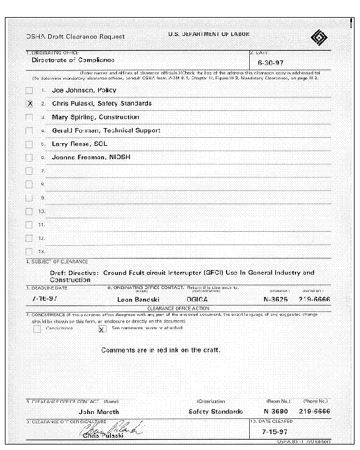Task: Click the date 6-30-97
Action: [270, 63]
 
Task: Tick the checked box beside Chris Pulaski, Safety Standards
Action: [29, 104]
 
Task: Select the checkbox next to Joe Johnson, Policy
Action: [29, 90]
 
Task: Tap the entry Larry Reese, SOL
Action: [79, 144]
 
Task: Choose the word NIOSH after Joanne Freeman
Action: [119, 157]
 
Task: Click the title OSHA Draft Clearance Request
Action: [75, 37]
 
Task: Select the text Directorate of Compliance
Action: [72, 60]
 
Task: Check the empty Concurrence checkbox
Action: [37, 329]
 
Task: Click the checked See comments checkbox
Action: [102, 329]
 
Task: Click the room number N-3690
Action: [275, 412]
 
